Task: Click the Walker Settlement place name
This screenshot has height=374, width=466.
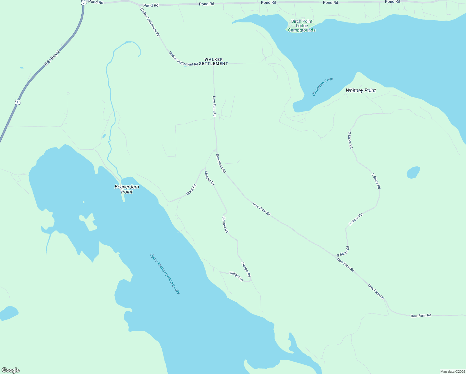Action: tap(214, 61)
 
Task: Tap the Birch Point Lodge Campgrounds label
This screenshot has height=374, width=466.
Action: tap(302, 26)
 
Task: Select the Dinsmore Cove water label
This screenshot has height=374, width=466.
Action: tap(322, 87)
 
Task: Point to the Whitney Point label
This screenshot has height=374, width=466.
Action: tap(361, 90)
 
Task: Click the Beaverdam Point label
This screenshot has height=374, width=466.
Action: tap(127, 189)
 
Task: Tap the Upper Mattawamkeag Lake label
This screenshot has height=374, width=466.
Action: tap(165, 274)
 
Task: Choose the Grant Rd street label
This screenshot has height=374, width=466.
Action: tap(191, 190)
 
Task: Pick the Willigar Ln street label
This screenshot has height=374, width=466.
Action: tap(236, 276)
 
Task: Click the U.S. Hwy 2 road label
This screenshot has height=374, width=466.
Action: tap(52, 58)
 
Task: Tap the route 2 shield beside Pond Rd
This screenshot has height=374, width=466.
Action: tap(83, 2)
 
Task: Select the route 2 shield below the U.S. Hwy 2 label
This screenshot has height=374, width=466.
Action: tap(18, 102)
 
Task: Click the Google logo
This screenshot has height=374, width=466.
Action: tap(11, 370)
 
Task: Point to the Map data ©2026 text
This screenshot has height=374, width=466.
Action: tap(452, 372)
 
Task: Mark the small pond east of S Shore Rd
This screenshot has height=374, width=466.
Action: tap(413, 172)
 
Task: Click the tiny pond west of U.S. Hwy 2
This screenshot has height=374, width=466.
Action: tap(21, 68)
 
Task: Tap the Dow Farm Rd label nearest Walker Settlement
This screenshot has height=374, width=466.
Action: tap(214, 106)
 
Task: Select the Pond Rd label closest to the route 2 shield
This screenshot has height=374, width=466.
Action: tap(96, 2)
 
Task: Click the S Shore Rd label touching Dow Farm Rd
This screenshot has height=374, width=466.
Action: tap(343, 251)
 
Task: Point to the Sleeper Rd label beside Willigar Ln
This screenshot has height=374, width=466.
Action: tap(246, 269)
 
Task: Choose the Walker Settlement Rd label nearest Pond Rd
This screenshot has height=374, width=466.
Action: tap(150, 22)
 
